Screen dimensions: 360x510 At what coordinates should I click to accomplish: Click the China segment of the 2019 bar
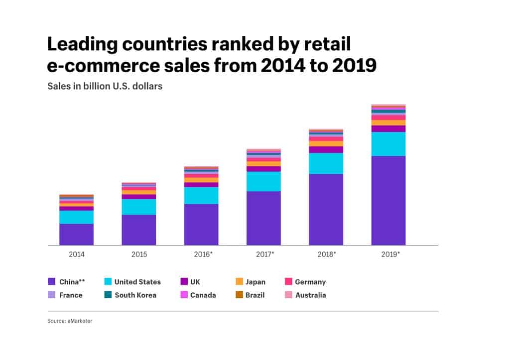pyautogui.click(x=388, y=200)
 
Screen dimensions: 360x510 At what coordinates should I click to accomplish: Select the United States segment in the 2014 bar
pyautogui.click(x=76, y=217)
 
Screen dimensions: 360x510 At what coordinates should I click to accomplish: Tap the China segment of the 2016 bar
pyautogui.click(x=201, y=224)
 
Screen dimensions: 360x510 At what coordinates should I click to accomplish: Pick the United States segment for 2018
pyautogui.click(x=326, y=163)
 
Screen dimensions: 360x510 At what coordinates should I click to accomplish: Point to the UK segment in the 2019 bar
pyautogui.click(x=388, y=128)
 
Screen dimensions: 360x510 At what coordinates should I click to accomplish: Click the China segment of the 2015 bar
pyautogui.click(x=138, y=230)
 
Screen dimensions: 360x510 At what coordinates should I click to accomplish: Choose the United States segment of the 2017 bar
pyautogui.click(x=263, y=181)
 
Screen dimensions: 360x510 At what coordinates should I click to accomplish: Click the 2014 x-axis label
pyautogui.click(x=76, y=254)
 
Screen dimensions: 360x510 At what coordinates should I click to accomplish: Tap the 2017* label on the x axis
pyautogui.click(x=264, y=254)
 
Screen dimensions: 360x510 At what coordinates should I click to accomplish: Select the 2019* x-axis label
pyautogui.click(x=389, y=254)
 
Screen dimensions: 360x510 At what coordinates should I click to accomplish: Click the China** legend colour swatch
pyautogui.click(x=51, y=282)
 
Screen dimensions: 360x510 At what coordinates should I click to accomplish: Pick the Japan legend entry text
pyautogui.click(x=255, y=282)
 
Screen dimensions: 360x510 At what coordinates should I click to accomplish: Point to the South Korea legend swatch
pyautogui.click(x=107, y=295)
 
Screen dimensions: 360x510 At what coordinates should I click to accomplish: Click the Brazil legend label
pyautogui.click(x=255, y=295)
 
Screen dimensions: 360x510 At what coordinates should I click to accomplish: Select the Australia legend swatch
pyautogui.click(x=287, y=295)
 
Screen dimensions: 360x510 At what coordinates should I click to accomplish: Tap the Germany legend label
pyautogui.click(x=310, y=282)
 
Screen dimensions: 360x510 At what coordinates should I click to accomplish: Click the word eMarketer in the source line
pyautogui.click(x=80, y=321)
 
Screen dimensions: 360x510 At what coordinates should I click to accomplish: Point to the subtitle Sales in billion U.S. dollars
pyautogui.click(x=105, y=86)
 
